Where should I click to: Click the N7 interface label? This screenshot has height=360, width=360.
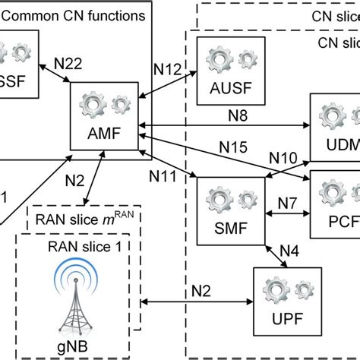pyautogui.click(x=287, y=203)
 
